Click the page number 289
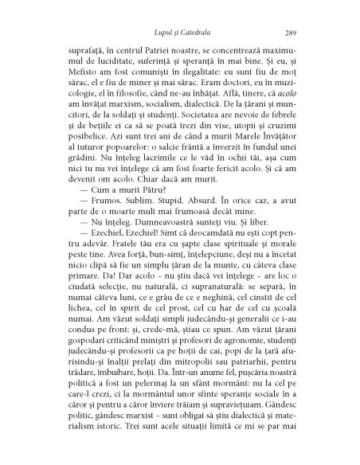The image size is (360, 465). [291, 33]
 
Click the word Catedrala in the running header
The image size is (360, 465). [201, 33]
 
